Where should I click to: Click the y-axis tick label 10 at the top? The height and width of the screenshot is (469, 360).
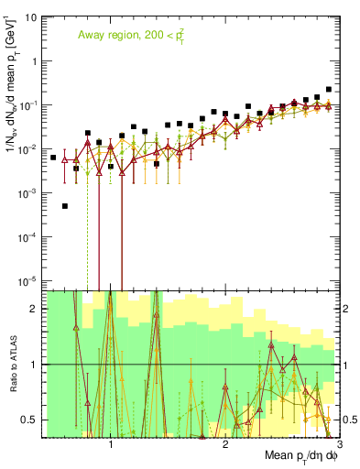tap(30, 17)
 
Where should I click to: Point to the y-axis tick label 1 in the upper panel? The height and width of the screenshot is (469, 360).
tap(34, 61)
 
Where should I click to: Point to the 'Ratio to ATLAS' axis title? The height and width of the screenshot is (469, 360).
tap(12, 365)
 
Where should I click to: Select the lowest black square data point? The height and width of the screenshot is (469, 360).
tap(65, 206)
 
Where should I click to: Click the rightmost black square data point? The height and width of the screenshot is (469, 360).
tap(328, 90)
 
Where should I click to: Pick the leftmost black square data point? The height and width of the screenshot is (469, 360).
tap(53, 158)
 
